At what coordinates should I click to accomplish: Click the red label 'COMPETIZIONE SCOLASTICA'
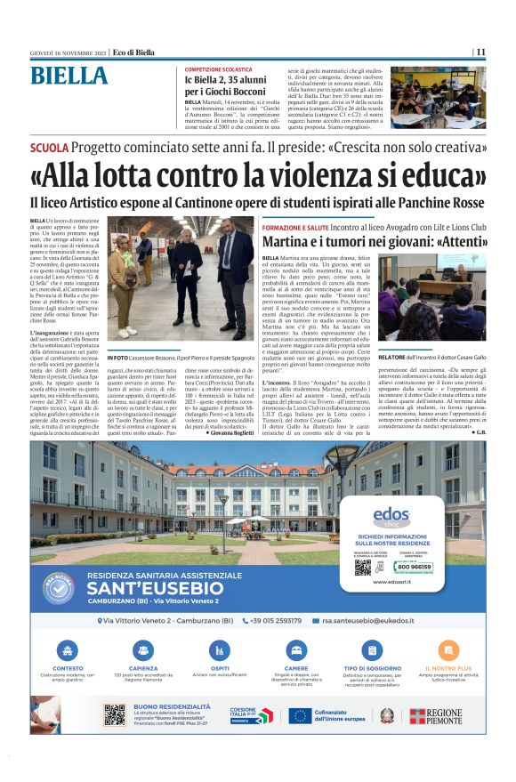220,69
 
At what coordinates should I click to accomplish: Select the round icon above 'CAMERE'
296,649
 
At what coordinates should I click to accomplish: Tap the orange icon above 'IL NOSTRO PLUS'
448,649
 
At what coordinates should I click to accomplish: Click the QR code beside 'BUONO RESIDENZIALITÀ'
115,714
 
